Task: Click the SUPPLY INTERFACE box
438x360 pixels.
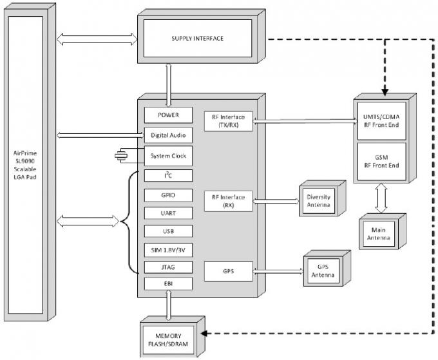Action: coord(198,38)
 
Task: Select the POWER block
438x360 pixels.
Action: coord(168,115)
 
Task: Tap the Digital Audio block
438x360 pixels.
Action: coord(168,135)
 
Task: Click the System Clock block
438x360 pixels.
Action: coord(168,156)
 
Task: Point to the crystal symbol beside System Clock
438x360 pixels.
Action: coord(121,156)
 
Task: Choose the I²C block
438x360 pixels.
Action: coord(168,176)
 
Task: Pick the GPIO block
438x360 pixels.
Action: coord(168,195)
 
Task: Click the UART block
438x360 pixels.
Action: coord(168,213)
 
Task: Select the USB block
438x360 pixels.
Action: coord(168,231)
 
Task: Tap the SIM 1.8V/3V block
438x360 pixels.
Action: coord(168,250)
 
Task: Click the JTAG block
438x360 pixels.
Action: coord(168,267)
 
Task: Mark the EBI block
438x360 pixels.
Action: coord(168,284)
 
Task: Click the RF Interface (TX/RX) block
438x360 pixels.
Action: coord(228,121)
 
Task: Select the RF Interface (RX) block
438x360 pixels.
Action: coord(228,201)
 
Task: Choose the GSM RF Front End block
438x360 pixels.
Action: coord(381,162)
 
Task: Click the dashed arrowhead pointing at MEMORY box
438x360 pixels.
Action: coord(204,334)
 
